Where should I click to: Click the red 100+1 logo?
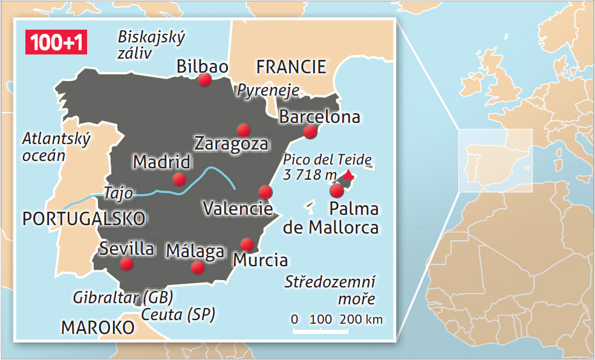54,41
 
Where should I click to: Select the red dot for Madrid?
179,178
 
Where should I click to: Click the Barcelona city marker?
310,131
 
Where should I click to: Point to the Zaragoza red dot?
244,129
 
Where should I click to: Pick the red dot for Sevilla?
126,264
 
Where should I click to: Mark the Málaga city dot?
197,267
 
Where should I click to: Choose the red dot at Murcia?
246,244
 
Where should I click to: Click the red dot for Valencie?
265,192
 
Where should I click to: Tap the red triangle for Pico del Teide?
348,174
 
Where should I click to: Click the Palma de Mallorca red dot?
337,191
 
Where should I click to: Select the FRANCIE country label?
291,67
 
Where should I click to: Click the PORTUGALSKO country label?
83,218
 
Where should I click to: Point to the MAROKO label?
97,327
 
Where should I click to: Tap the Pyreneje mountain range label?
268,90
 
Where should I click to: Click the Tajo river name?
119,192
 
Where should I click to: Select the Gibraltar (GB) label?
123,297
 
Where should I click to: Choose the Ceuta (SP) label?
178,315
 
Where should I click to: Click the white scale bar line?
328,330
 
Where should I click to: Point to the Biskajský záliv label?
151,45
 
